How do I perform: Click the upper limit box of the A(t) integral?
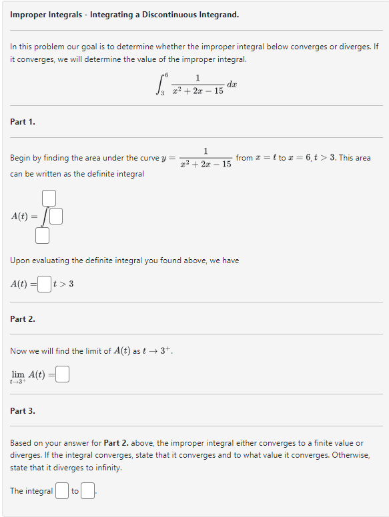pyautogui.click(x=48, y=198)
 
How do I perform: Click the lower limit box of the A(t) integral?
pyautogui.click(x=43, y=235)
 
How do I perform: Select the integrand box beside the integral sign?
pyautogui.click(x=56, y=217)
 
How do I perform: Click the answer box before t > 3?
pyautogui.click(x=44, y=284)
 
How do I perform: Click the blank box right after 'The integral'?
pyautogui.click(x=61, y=492)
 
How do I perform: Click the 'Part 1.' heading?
pyautogui.click(x=23, y=121)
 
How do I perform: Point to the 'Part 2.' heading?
pyautogui.click(x=23, y=319)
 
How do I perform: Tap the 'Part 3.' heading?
pyautogui.click(x=23, y=411)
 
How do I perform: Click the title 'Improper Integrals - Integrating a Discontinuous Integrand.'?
pyautogui.click(x=124, y=14)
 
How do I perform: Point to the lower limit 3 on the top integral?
pyautogui.click(x=163, y=93)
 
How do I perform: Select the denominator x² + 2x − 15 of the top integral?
pyautogui.click(x=198, y=91)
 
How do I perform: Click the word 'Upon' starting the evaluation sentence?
pyautogui.click(x=21, y=260)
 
